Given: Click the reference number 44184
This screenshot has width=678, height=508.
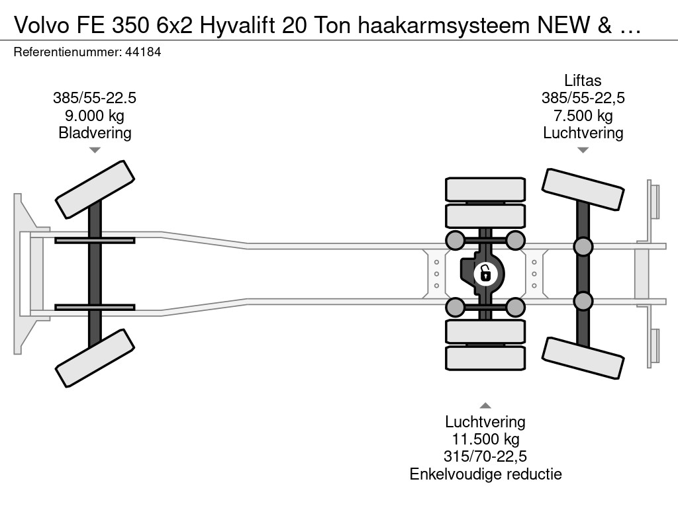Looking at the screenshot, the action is coord(143,52).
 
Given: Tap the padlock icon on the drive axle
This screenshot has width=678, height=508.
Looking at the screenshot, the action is coord(485,274).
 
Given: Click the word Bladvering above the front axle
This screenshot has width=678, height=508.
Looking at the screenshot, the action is coord(95,133).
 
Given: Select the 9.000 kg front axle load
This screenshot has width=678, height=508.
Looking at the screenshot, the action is coord(95,116).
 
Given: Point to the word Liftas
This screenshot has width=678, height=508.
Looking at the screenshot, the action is coord(583,81).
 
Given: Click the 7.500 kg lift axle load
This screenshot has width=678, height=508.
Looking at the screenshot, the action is coord(583,116).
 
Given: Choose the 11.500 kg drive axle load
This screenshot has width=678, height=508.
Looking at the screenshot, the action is coord(485,439).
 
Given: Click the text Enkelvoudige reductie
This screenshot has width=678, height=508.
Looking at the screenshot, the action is coord(485,474).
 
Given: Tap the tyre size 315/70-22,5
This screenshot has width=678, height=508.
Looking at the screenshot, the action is coord(485,456).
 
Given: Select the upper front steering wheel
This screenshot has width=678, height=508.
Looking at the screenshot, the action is coord(95,190).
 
